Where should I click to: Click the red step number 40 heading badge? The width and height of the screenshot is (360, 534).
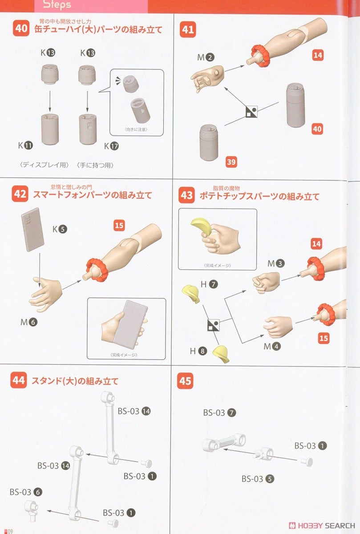[21, 28]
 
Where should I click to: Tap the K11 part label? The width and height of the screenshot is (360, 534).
[25, 145]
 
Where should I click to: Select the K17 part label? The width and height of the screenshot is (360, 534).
[111, 146]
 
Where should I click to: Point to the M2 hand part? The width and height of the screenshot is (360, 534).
[208, 78]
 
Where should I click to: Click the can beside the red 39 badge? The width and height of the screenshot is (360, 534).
[209, 142]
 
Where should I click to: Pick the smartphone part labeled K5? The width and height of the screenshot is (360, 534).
[32, 229]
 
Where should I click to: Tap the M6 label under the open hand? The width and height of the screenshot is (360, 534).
[29, 322]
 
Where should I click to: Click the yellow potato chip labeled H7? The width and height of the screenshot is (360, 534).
[190, 294]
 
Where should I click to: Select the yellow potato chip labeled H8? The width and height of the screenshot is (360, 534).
[221, 354]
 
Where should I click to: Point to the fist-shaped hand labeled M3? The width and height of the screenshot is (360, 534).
[266, 282]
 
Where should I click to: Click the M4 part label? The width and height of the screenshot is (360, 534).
[272, 346]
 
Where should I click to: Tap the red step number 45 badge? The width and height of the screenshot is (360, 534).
[185, 381]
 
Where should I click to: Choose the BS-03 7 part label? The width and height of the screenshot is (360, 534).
[219, 413]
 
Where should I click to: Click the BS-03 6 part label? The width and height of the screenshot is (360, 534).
[26, 492]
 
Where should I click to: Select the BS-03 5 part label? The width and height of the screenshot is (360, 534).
[258, 479]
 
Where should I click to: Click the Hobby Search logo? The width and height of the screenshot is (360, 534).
[322, 526]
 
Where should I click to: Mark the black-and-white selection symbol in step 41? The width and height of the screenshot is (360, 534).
[252, 112]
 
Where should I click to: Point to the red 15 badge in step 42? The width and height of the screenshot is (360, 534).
[119, 226]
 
